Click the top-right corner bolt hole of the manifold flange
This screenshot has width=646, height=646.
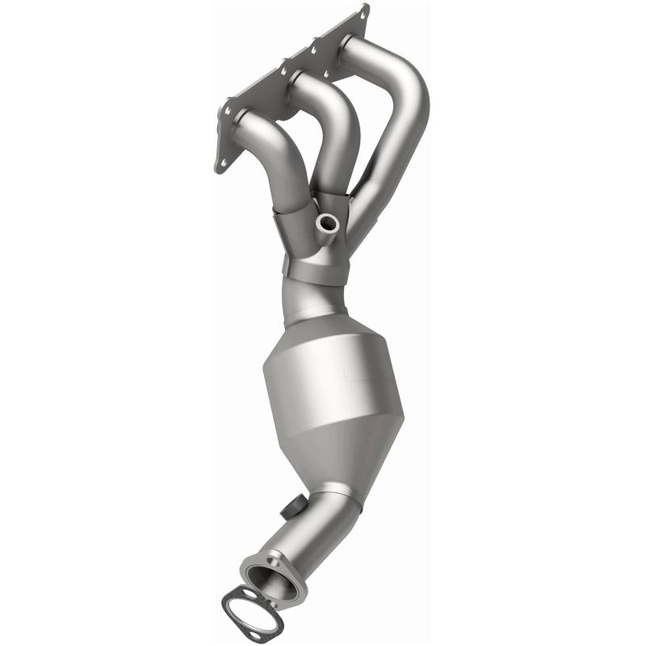[364, 11]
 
